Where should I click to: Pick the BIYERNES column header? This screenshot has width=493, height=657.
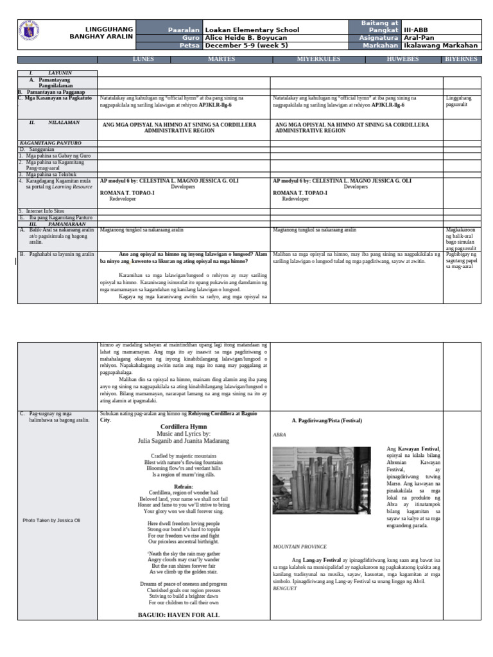461,59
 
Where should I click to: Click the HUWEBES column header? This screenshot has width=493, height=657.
402,59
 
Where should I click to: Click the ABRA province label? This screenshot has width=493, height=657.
279,434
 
